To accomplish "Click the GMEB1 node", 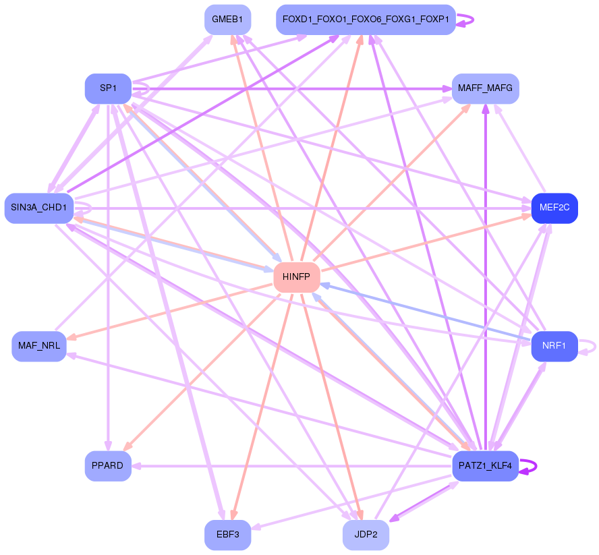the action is [228, 20].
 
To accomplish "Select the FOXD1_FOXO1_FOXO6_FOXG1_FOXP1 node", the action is [366, 20].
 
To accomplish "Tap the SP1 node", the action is [108, 88].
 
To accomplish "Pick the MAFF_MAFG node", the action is [485, 88].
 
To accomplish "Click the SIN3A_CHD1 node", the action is [39, 208].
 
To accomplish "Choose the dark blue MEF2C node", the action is [554, 208].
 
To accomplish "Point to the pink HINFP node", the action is [296, 277].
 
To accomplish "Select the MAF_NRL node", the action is [39, 347].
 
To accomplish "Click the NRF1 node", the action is [554, 347].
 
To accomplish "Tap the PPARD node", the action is [108, 466].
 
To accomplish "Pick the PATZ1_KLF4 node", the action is [485, 466].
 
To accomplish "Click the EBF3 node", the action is [228, 535].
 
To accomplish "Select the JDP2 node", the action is [366, 535].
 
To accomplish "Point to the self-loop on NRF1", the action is [587, 347].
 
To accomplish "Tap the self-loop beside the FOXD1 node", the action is [465, 20].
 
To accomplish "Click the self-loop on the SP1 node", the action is [141, 89].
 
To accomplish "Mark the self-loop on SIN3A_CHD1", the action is [83, 208].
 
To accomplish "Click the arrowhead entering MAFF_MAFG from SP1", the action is [447, 89].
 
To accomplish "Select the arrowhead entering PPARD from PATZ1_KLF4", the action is [136, 466].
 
